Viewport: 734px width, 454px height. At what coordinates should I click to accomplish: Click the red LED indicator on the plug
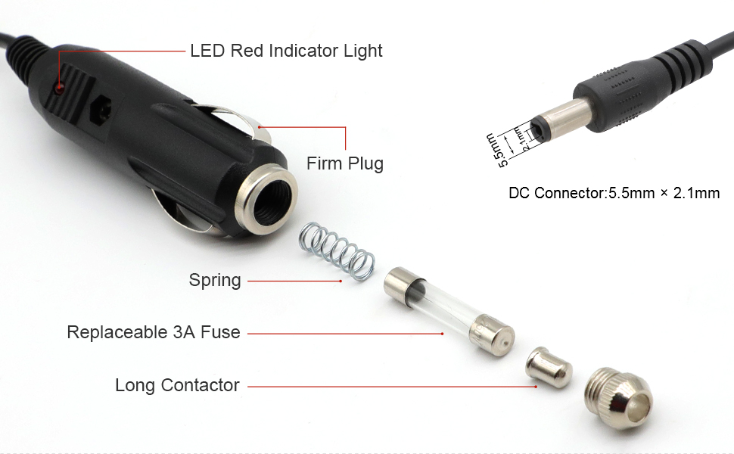59,88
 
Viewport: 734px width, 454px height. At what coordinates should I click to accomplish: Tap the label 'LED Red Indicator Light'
286,51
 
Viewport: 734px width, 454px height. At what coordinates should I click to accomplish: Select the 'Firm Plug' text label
344,163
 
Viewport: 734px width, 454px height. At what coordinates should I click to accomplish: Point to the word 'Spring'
215,281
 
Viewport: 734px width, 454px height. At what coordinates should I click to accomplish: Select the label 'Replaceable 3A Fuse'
154,332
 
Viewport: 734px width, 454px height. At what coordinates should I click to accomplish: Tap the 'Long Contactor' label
177,386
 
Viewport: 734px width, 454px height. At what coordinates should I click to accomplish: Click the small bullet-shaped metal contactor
549,367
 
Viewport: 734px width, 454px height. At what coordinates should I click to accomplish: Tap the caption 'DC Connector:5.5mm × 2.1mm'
614,194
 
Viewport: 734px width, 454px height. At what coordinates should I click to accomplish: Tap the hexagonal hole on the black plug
99,110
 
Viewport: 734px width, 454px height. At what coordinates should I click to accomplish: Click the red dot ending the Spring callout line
341,281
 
